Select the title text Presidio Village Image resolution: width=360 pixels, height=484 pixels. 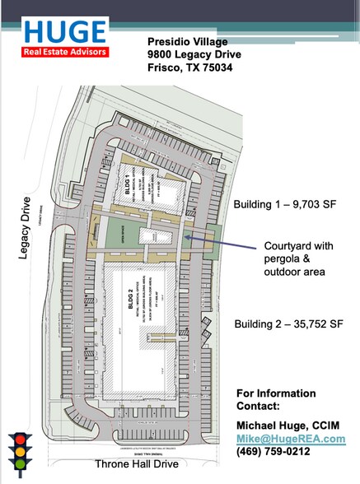tap(189, 41)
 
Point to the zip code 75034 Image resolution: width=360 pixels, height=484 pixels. tap(214, 67)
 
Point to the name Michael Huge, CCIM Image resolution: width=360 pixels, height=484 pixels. tap(288, 424)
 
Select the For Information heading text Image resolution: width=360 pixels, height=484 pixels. tap(276, 393)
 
